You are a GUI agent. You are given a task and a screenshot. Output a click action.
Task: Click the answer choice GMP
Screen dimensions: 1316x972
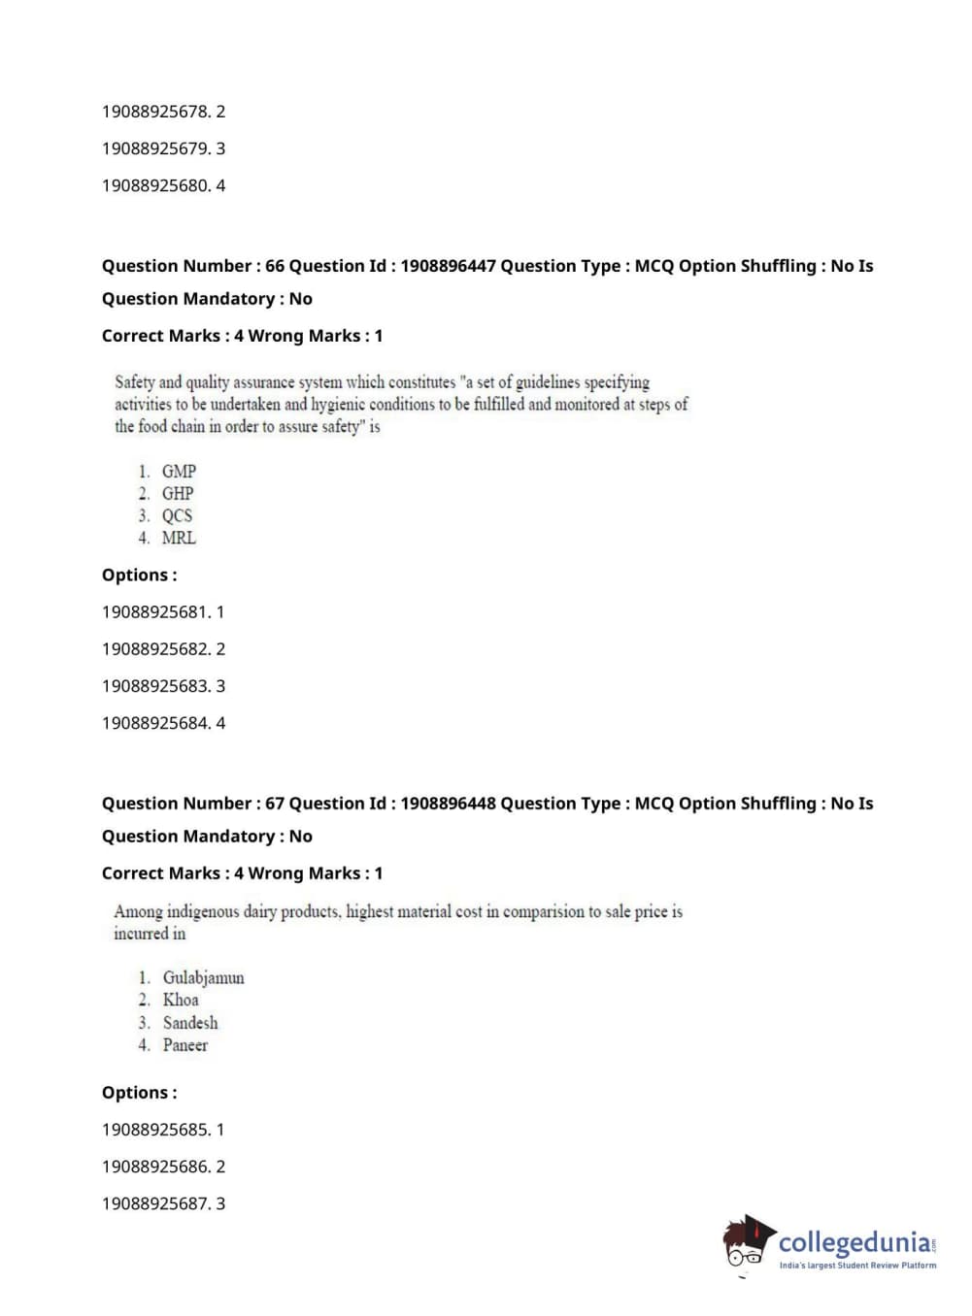click(x=179, y=472)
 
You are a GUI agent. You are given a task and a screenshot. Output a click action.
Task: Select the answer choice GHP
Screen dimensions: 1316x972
click(x=178, y=494)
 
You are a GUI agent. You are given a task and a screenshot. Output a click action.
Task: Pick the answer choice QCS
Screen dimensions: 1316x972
click(x=177, y=516)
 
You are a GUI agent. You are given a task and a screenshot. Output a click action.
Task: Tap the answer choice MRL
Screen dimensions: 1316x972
click(x=179, y=539)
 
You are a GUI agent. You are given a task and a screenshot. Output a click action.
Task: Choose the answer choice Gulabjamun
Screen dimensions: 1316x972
click(x=203, y=978)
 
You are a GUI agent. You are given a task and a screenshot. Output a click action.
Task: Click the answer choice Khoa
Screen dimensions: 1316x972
click(x=181, y=1001)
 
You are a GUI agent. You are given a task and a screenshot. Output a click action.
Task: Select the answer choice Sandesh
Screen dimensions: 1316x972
click(x=190, y=1023)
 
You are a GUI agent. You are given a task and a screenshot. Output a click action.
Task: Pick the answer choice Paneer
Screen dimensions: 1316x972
click(x=185, y=1045)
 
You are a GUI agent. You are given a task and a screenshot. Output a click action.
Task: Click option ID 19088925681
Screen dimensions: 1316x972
click(x=155, y=612)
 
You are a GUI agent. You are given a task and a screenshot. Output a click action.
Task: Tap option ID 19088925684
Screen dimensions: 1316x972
click(x=155, y=723)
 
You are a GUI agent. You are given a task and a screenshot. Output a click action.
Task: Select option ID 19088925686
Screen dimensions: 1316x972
click(x=155, y=1167)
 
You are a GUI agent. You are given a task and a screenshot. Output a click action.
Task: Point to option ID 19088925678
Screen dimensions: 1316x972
click(x=155, y=112)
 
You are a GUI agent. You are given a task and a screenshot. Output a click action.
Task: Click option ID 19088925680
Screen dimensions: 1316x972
click(x=155, y=185)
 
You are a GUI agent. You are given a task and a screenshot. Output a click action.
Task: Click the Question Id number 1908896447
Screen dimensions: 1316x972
click(x=448, y=266)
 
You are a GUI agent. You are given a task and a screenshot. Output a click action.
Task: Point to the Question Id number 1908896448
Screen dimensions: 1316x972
click(x=448, y=804)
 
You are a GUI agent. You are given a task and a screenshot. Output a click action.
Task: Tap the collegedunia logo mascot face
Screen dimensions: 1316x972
click(x=746, y=1246)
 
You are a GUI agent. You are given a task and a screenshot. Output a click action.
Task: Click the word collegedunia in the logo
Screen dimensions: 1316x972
click(x=854, y=1242)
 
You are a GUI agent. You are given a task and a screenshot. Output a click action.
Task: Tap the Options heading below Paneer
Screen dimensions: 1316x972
click(x=139, y=1093)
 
